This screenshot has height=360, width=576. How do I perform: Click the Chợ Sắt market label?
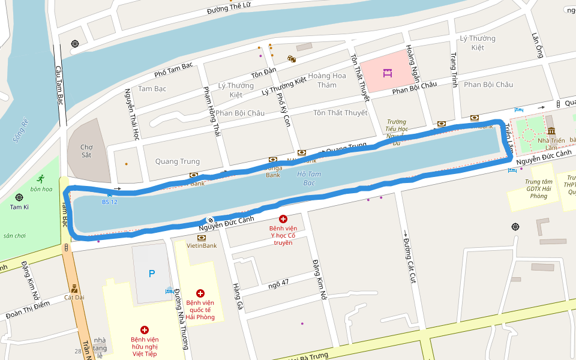(x=87, y=151)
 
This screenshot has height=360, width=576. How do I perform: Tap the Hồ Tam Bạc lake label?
(x=309, y=178)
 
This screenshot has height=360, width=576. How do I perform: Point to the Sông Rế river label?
(x=21, y=130)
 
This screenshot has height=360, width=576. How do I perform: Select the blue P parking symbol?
(x=152, y=274)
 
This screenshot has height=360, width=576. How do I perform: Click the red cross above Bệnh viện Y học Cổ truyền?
(x=283, y=220)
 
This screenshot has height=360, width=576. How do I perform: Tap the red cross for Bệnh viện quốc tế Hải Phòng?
(x=200, y=293)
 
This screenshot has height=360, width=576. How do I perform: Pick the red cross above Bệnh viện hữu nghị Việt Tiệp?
(x=144, y=330)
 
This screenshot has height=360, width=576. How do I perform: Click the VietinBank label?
(x=202, y=245)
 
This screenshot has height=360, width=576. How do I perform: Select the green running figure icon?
(x=41, y=179)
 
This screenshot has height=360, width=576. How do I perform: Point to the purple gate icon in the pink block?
(x=388, y=74)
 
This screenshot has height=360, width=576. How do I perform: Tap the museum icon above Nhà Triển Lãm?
(x=551, y=131)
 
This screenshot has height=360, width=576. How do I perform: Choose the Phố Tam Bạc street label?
(x=173, y=69)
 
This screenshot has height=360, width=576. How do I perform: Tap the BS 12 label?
(x=110, y=202)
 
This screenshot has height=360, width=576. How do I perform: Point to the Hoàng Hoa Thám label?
(x=327, y=80)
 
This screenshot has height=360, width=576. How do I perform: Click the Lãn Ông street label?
(x=536, y=46)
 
